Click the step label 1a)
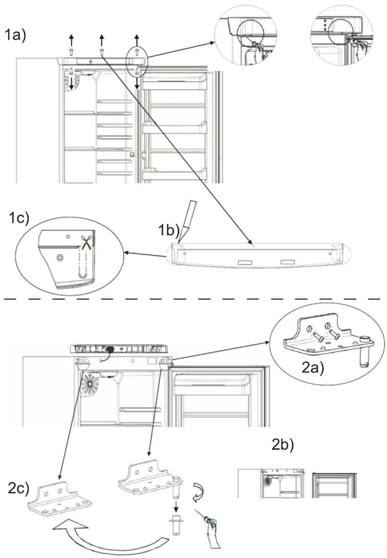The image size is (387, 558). point(15,36)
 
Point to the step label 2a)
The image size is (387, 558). point(313,368)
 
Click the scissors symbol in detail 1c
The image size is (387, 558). point(86,242)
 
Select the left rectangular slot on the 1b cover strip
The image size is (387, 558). point(245,263)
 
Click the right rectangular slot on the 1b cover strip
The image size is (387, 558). point(288,262)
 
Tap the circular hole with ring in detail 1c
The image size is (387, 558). point(59,258)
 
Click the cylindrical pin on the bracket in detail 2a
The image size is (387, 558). point(363,352)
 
